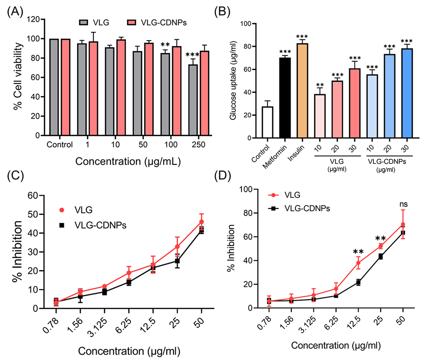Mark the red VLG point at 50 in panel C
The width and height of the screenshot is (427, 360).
click(x=201, y=222)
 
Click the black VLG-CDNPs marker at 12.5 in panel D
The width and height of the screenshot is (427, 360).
click(x=358, y=282)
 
